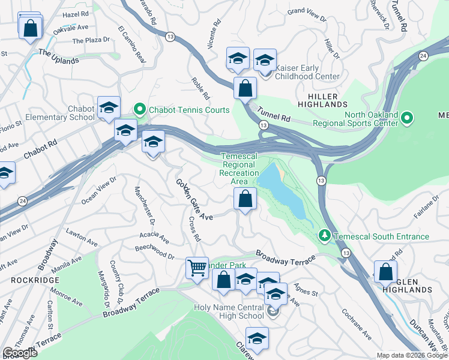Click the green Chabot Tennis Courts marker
click(x=140, y=110)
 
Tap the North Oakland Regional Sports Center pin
click(x=407, y=118)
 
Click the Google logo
click(x=20, y=353)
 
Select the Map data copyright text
click(x=411, y=355)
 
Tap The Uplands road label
click(x=58, y=56)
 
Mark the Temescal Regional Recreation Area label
click(x=239, y=169)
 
